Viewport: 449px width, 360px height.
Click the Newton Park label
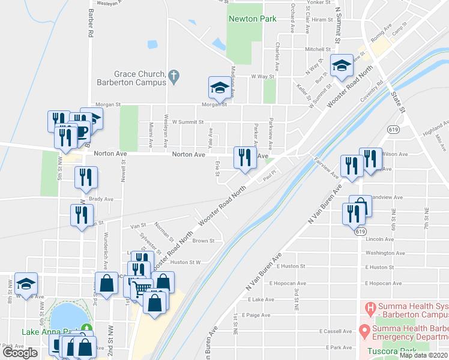click(252, 19)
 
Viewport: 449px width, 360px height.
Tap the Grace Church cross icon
click(174, 76)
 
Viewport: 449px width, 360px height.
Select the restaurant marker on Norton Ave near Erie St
click(244, 159)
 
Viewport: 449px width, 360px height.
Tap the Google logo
click(20, 353)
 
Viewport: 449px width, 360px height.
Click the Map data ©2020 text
click(424, 355)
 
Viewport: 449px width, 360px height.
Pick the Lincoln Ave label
click(379, 239)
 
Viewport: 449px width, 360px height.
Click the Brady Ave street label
click(101, 199)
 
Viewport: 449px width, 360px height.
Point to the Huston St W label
click(185, 262)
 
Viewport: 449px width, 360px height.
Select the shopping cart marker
click(142, 290)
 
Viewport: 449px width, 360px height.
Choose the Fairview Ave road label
click(327, 167)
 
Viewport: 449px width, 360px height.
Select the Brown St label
click(203, 241)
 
